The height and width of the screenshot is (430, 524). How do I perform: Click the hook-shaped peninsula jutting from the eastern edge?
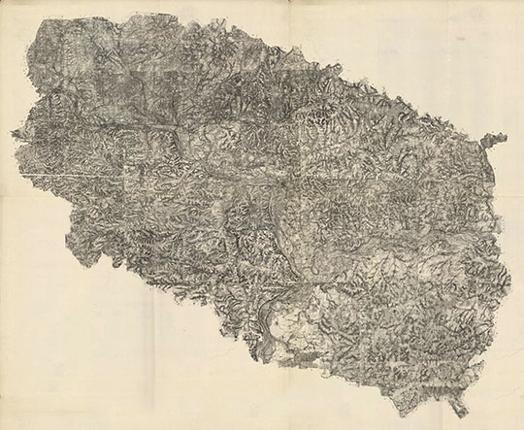(497, 140)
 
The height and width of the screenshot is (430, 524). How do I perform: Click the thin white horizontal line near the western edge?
(49, 175)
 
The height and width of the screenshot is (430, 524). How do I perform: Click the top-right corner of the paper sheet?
(522, 2)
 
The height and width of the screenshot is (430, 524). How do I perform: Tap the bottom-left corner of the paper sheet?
(2, 427)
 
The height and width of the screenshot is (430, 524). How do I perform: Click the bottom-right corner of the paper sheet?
(522, 427)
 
